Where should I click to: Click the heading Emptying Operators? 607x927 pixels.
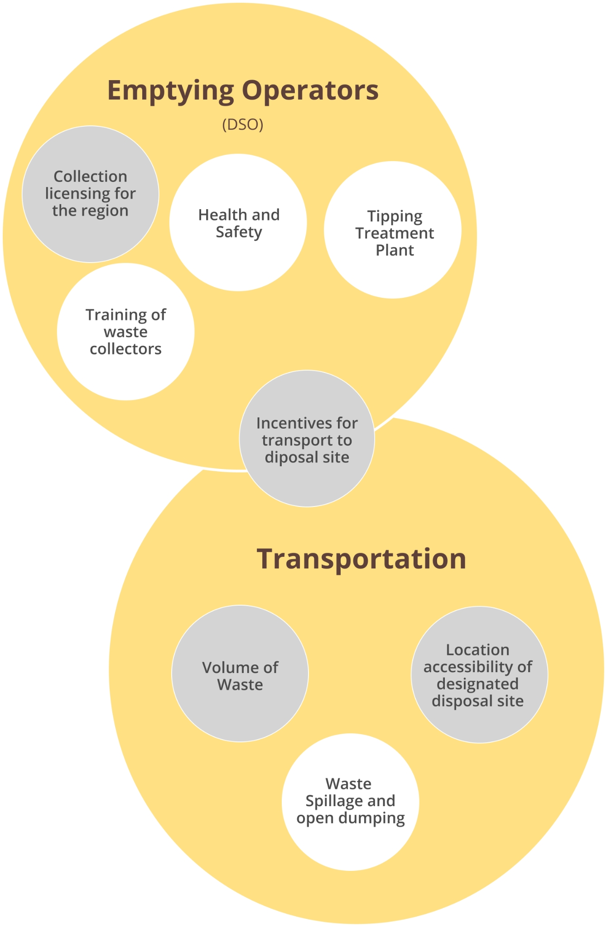[243, 91]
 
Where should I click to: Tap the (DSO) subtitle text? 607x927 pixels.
[243, 124]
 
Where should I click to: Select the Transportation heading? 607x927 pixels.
[361, 559]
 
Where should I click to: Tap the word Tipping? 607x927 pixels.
[395, 217]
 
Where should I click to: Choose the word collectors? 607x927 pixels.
[126, 349]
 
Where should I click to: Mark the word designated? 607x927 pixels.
[477, 684]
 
